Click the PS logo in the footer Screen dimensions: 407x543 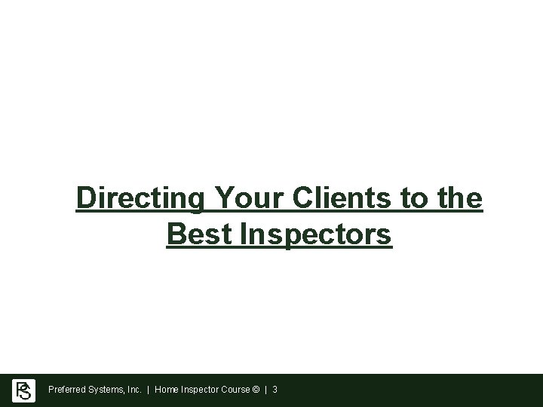pyautogui.click(x=24, y=390)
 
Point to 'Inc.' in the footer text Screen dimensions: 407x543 pyautogui.click(x=133, y=390)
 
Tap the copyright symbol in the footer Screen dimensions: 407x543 pyautogui.click(x=258, y=390)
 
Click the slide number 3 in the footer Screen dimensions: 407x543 pyautogui.click(x=275, y=390)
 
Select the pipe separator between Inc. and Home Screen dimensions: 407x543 pyautogui.click(x=149, y=390)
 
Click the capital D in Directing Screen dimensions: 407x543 pyautogui.click(x=85, y=199)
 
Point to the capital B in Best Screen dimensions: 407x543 pyautogui.click(x=174, y=234)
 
